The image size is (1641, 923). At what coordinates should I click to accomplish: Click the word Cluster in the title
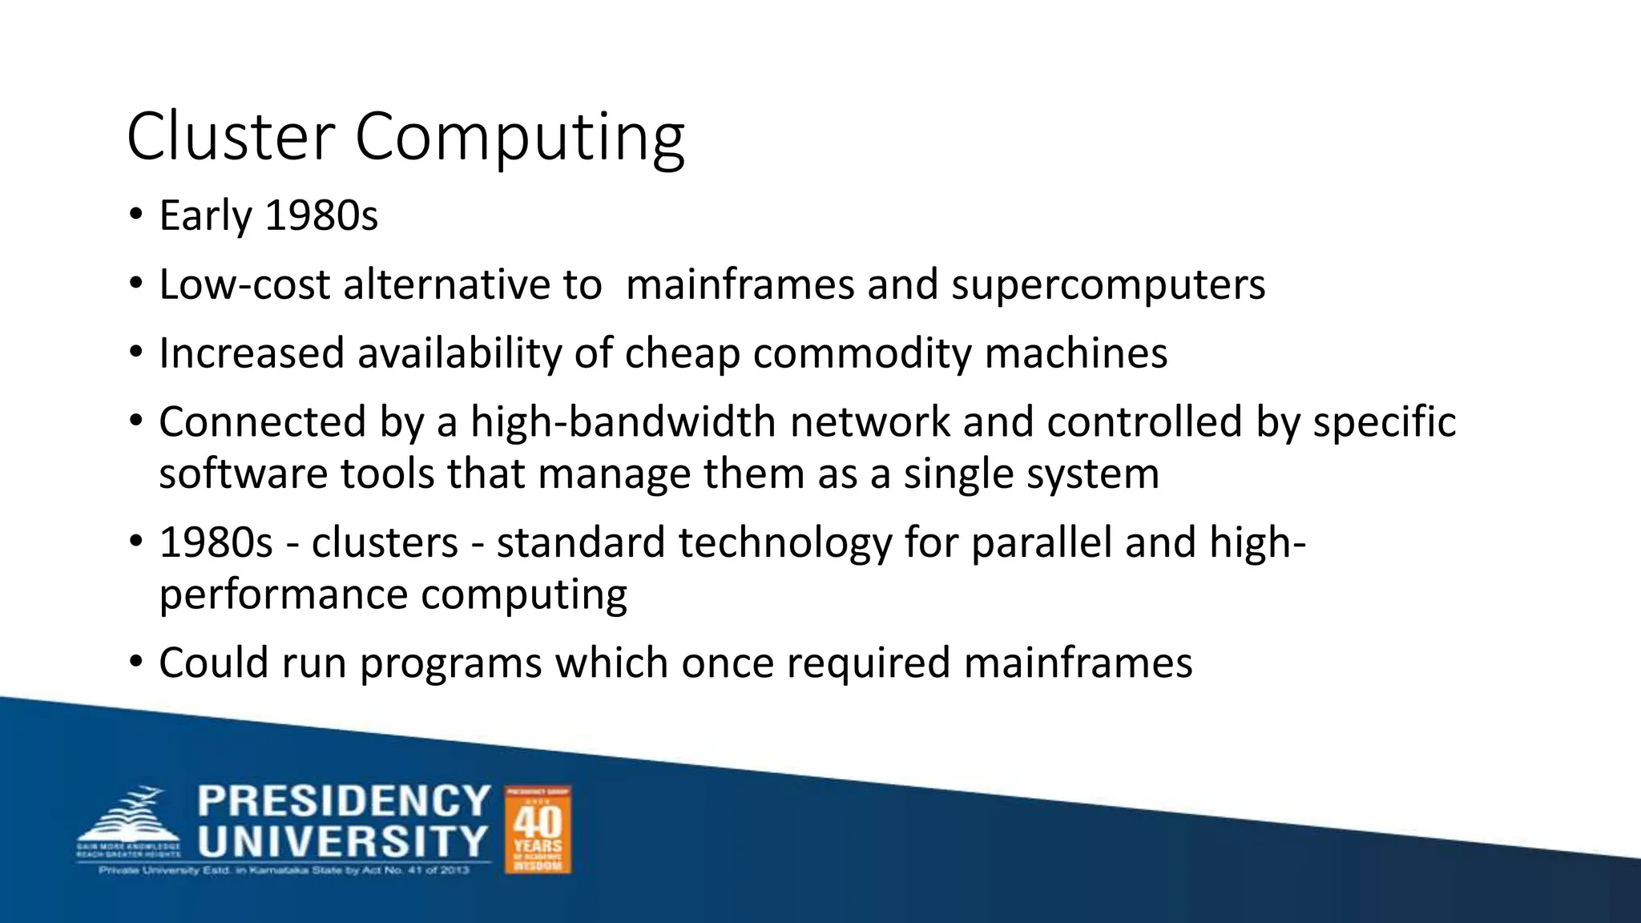pos(230,136)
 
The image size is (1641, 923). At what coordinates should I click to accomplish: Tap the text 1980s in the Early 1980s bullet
pos(321,216)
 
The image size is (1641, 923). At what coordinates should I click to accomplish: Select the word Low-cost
pos(244,284)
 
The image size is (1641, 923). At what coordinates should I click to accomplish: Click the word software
pos(243,474)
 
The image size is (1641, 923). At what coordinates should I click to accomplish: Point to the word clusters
pos(385,542)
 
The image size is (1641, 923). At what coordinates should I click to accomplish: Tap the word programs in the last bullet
pos(451,664)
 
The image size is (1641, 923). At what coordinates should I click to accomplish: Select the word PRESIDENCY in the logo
pos(344,802)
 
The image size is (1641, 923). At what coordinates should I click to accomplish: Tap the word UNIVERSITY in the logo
pos(343,842)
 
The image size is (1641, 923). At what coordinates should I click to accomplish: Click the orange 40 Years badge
pos(538,829)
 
